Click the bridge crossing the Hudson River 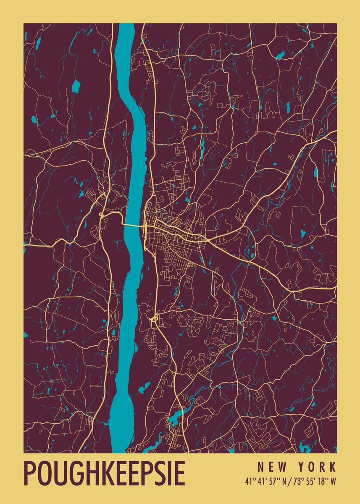(134, 225)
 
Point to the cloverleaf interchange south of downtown (154, 318)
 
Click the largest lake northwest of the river (76, 86)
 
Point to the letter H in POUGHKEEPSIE (85, 473)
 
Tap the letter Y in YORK (301, 467)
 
